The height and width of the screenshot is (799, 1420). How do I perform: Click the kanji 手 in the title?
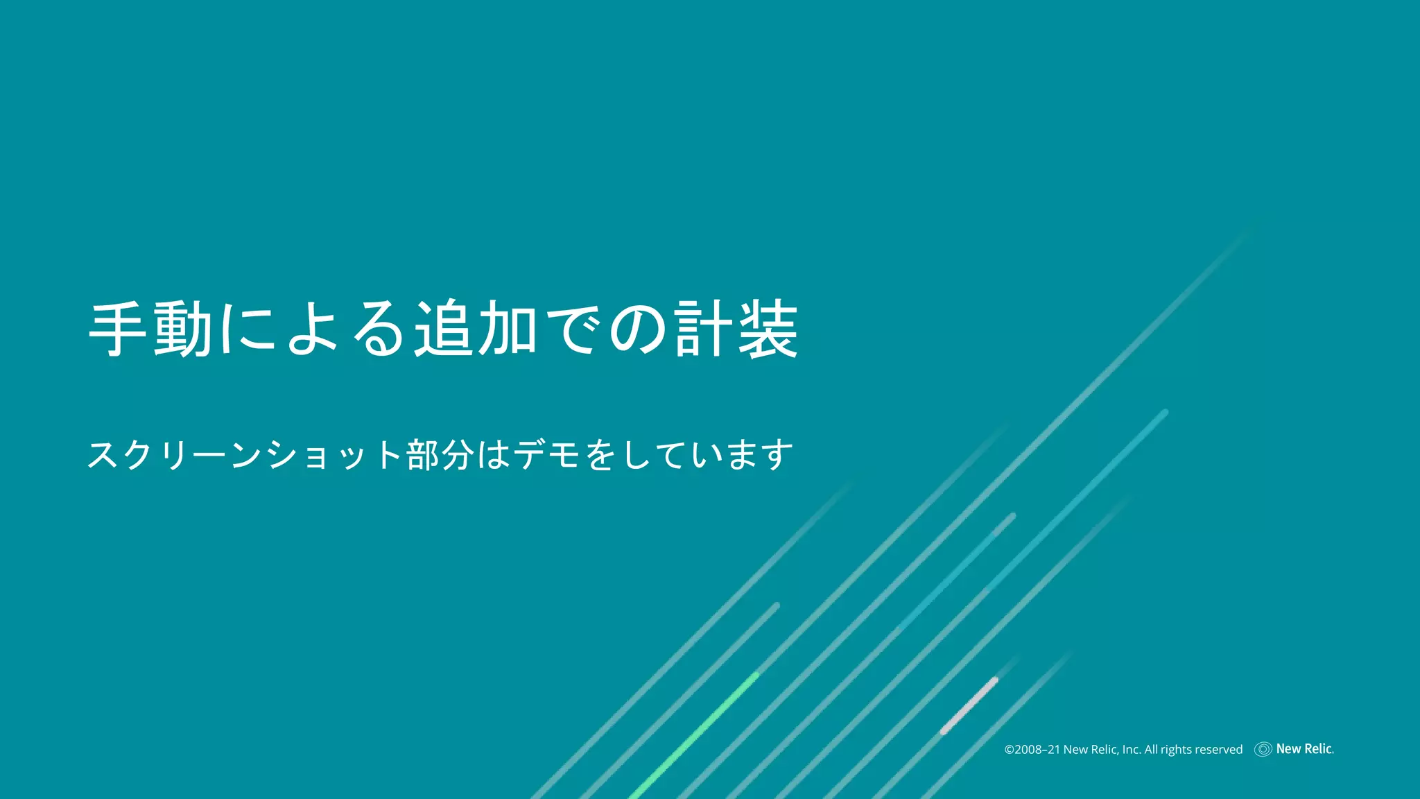tap(118, 329)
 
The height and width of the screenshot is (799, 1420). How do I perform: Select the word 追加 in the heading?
tap(476, 329)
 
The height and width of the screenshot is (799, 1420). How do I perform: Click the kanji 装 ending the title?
tap(768, 329)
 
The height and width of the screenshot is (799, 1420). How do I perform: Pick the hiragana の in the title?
tap(638, 329)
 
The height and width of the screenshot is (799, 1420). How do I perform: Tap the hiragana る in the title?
tap(379, 329)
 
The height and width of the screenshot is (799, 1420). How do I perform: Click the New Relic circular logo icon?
tap(1263, 749)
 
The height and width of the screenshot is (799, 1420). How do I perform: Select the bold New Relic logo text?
tap(1304, 749)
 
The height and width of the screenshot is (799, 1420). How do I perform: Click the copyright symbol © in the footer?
tap(1010, 750)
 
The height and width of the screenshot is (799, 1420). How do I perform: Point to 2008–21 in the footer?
tap(1037, 750)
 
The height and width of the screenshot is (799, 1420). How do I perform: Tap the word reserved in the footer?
tap(1218, 750)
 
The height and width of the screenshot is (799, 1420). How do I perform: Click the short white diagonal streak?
tap(969, 705)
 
